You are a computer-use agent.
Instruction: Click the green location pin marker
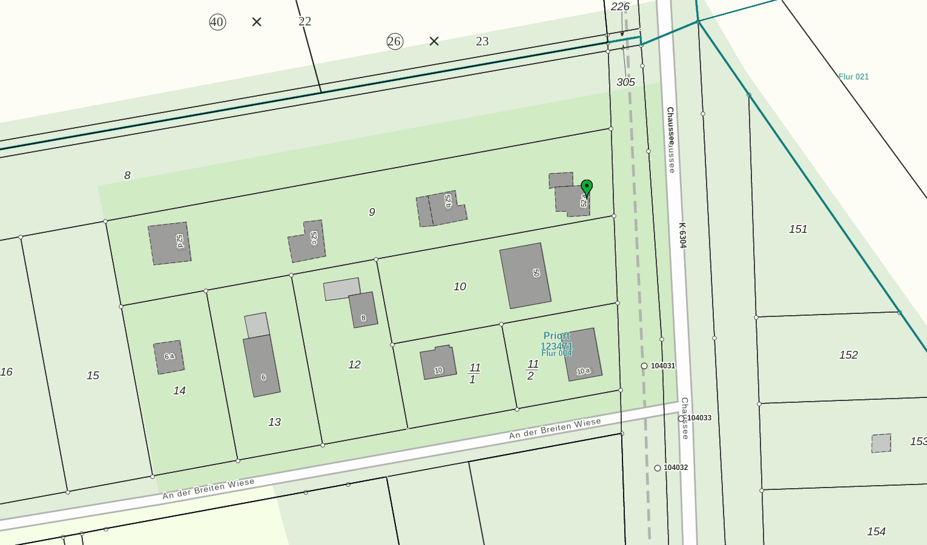pyautogui.click(x=586, y=188)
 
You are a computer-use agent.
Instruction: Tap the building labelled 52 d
pyautogui.click(x=170, y=243)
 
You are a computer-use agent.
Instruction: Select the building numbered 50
pyautogui.click(x=525, y=276)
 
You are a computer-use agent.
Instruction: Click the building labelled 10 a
pyautogui.click(x=582, y=356)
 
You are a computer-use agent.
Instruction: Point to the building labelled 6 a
pyautogui.click(x=169, y=357)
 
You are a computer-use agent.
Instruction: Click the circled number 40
pyautogui.click(x=217, y=22)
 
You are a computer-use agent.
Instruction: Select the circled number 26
pyautogui.click(x=394, y=41)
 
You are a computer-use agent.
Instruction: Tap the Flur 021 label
pyautogui.click(x=853, y=77)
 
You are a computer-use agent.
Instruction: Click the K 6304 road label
pyautogui.click(x=682, y=235)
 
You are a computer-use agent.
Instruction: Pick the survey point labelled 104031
pyautogui.click(x=644, y=366)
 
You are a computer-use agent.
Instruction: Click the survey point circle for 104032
pyautogui.click(x=658, y=468)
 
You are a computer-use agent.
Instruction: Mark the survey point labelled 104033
pyautogui.click(x=681, y=418)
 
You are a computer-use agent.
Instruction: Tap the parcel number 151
pyautogui.click(x=797, y=229)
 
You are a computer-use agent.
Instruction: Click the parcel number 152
pyautogui.click(x=848, y=355)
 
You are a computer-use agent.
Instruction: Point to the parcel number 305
pyautogui.click(x=625, y=82)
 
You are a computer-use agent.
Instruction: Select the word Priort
pyautogui.click(x=556, y=336)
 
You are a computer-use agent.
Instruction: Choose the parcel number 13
pyautogui.click(x=274, y=422)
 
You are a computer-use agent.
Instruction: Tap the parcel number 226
pyautogui.click(x=620, y=7)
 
